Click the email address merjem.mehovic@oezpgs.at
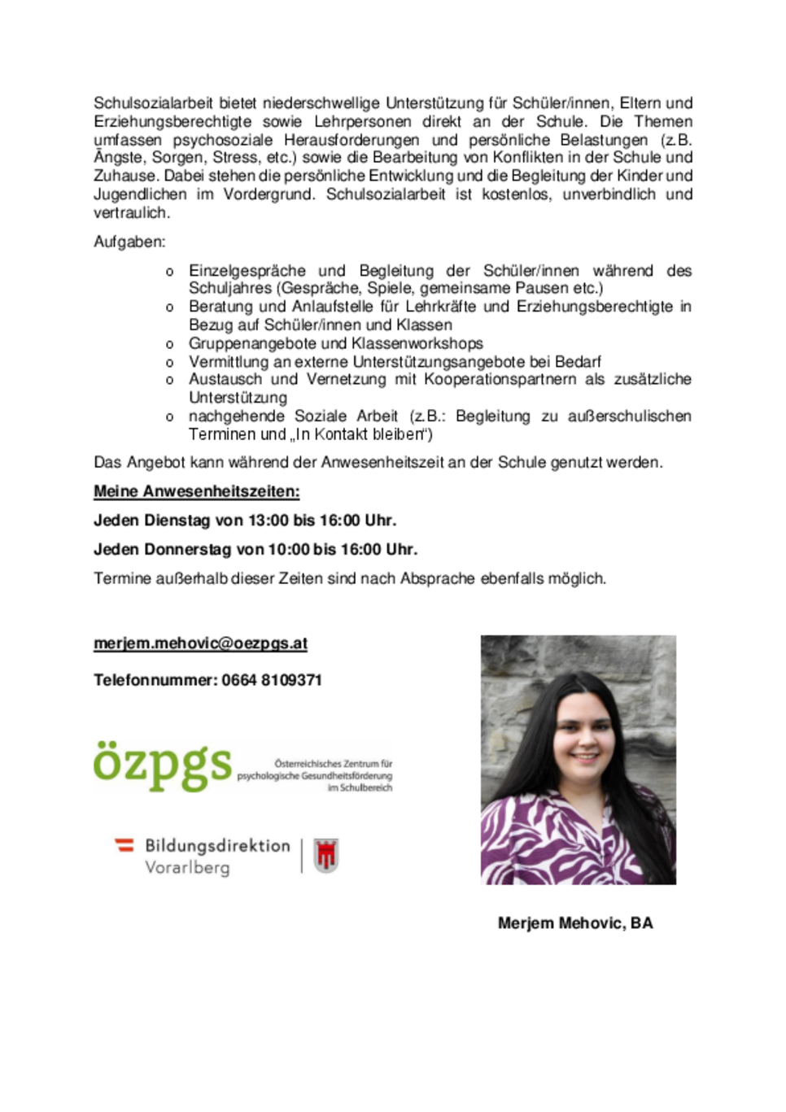point(200,643)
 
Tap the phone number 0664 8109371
point(272,680)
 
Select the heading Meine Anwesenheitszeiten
point(196,491)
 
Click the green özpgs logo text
point(162,765)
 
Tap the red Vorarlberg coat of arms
point(326,856)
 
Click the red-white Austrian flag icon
point(124,845)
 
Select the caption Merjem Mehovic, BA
point(575,923)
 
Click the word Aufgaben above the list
point(129,242)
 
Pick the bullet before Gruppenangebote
point(169,344)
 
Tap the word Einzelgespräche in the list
point(247,271)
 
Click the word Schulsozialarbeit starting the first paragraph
point(153,103)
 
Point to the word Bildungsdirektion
point(217,846)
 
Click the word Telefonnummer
point(155,680)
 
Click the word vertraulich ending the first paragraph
point(131,213)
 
